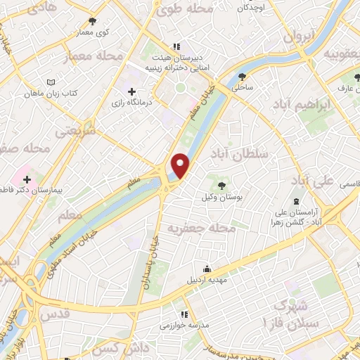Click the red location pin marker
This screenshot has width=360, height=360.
181,165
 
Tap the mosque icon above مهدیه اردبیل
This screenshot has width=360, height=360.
207,269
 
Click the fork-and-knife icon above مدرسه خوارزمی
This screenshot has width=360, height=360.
185,314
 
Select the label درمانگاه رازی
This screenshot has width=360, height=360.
131,104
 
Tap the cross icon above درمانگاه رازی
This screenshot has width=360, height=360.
131,91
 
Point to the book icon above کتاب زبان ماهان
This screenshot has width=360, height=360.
50,82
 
